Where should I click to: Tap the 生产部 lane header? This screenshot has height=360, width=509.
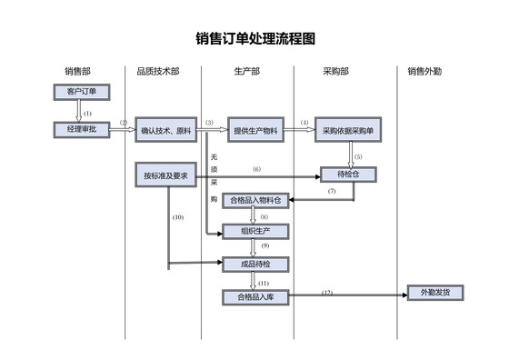246,71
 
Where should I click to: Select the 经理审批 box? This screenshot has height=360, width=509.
81,130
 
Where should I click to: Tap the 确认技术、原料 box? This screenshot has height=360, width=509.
166,131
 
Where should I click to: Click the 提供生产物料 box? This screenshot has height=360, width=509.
257,131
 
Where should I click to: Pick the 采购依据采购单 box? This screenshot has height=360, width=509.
354,131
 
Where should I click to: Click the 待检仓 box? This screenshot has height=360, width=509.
348,174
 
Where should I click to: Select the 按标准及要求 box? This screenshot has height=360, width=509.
165,175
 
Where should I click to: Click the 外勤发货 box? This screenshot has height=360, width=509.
435,293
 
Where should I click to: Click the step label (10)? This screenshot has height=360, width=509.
178,217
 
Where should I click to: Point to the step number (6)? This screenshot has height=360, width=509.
257,169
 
